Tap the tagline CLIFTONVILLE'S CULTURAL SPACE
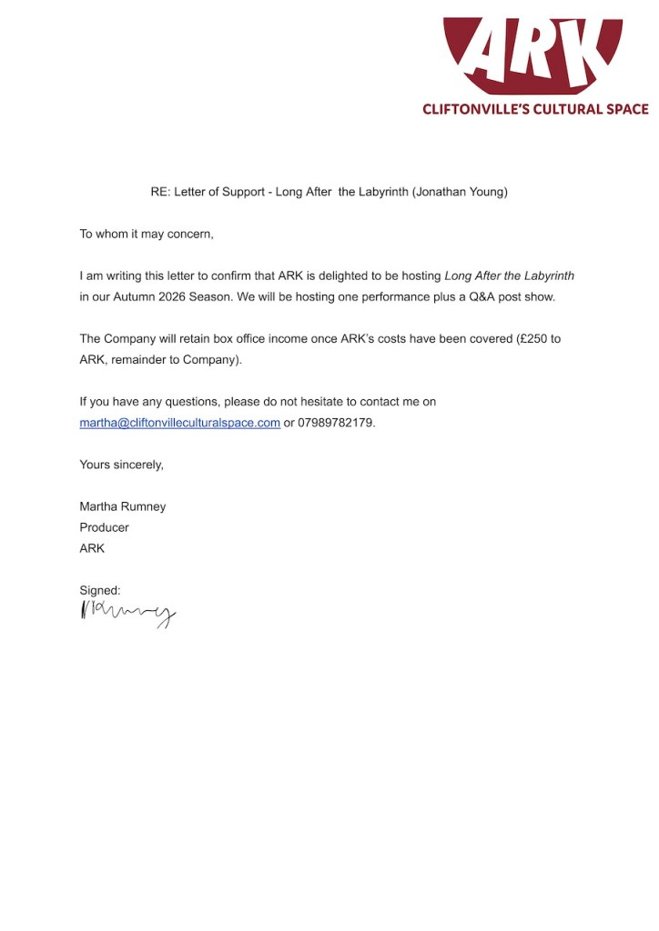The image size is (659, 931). (x=535, y=109)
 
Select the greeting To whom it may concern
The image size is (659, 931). (x=146, y=234)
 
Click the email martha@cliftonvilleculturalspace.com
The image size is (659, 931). (x=179, y=423)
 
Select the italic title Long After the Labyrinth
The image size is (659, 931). (x=509, y=275)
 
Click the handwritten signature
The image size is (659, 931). (x=127, y=614)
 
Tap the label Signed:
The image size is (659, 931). (x=100, y=590)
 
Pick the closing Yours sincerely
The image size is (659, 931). (x=121, y=465)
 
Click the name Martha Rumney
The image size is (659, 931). (x=122, y=506)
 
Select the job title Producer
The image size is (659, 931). (x=104, y=527)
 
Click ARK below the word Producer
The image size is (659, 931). (x=92, y=548)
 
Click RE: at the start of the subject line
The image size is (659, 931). (x=160, y=192)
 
